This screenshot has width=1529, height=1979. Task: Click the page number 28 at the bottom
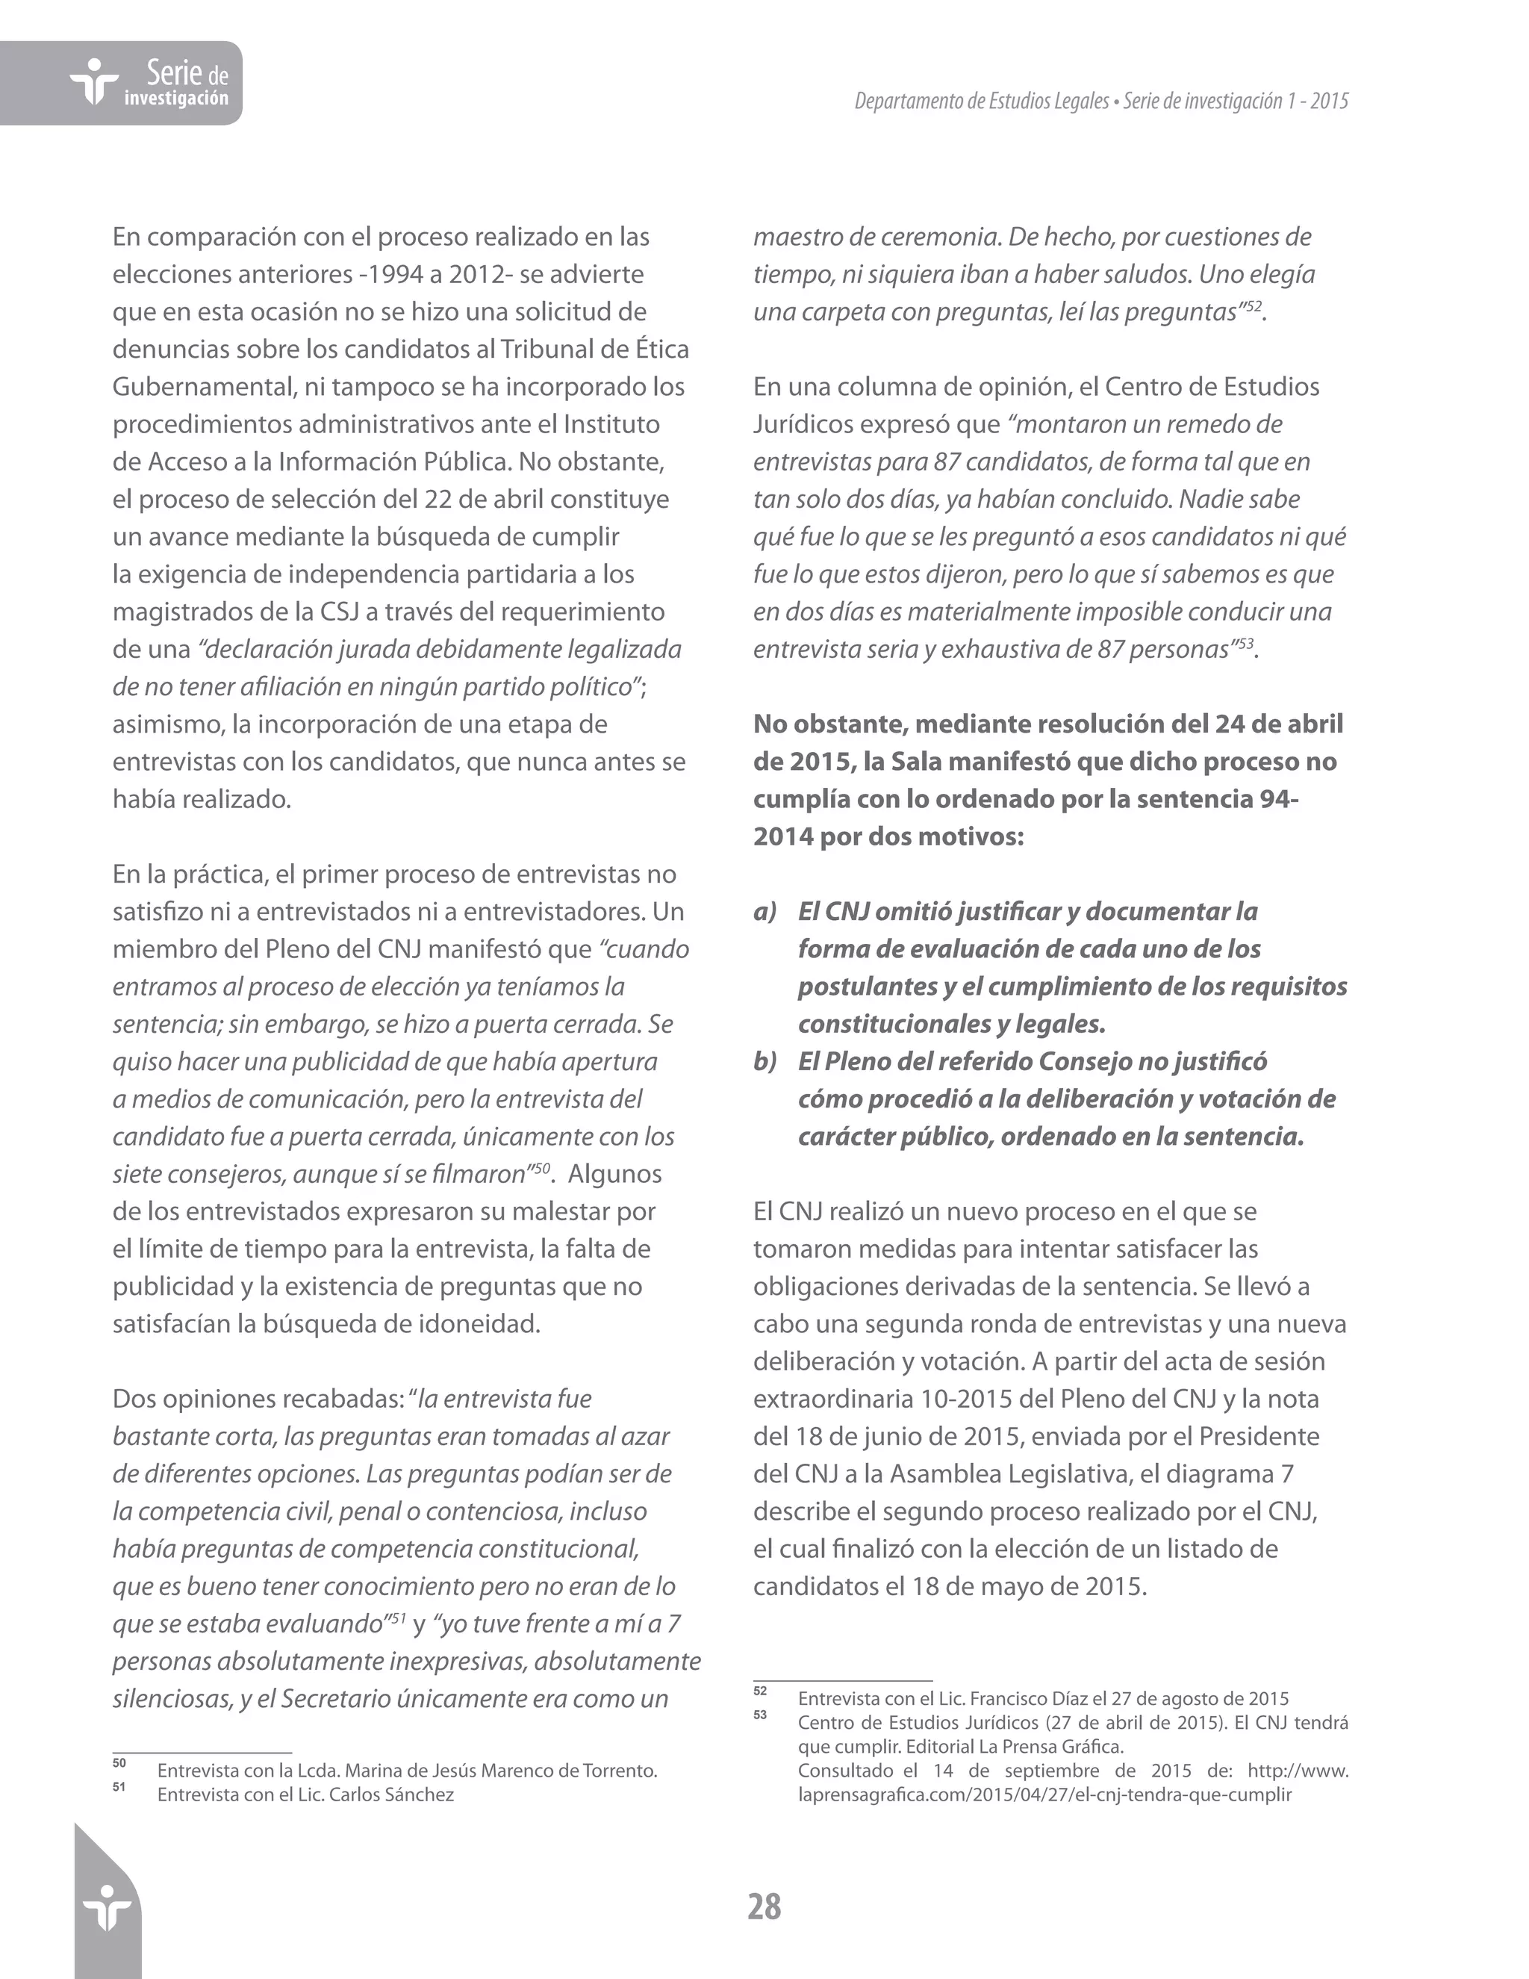click(x=764, y=1907)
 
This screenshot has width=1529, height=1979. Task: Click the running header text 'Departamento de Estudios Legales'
click(x=981, y=101)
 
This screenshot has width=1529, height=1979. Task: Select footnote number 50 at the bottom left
click(x=119, y=1763)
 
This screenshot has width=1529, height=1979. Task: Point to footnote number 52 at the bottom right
click(x=760, y=1691)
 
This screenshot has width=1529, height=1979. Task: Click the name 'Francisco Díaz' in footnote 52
click(x=1029, y=1699)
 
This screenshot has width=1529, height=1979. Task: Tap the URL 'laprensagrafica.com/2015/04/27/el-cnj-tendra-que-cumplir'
click(x=1044, y=1794)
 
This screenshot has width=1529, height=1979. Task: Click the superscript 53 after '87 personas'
click(x=1245, y=643)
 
